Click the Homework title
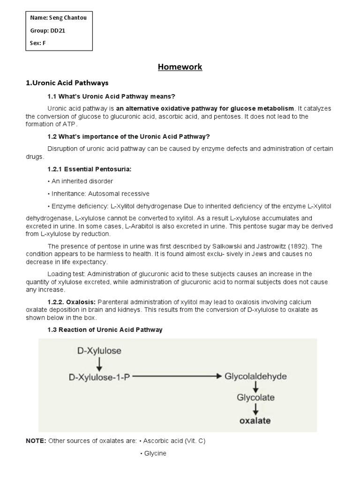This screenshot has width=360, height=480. (180, 67)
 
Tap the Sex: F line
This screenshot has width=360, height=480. (38, 43)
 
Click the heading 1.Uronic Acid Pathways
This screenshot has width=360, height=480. (67, 83)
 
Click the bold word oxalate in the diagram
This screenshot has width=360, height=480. (255, 420)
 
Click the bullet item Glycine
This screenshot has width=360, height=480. (153, 453)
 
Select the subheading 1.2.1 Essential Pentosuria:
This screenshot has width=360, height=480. (90, 169)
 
